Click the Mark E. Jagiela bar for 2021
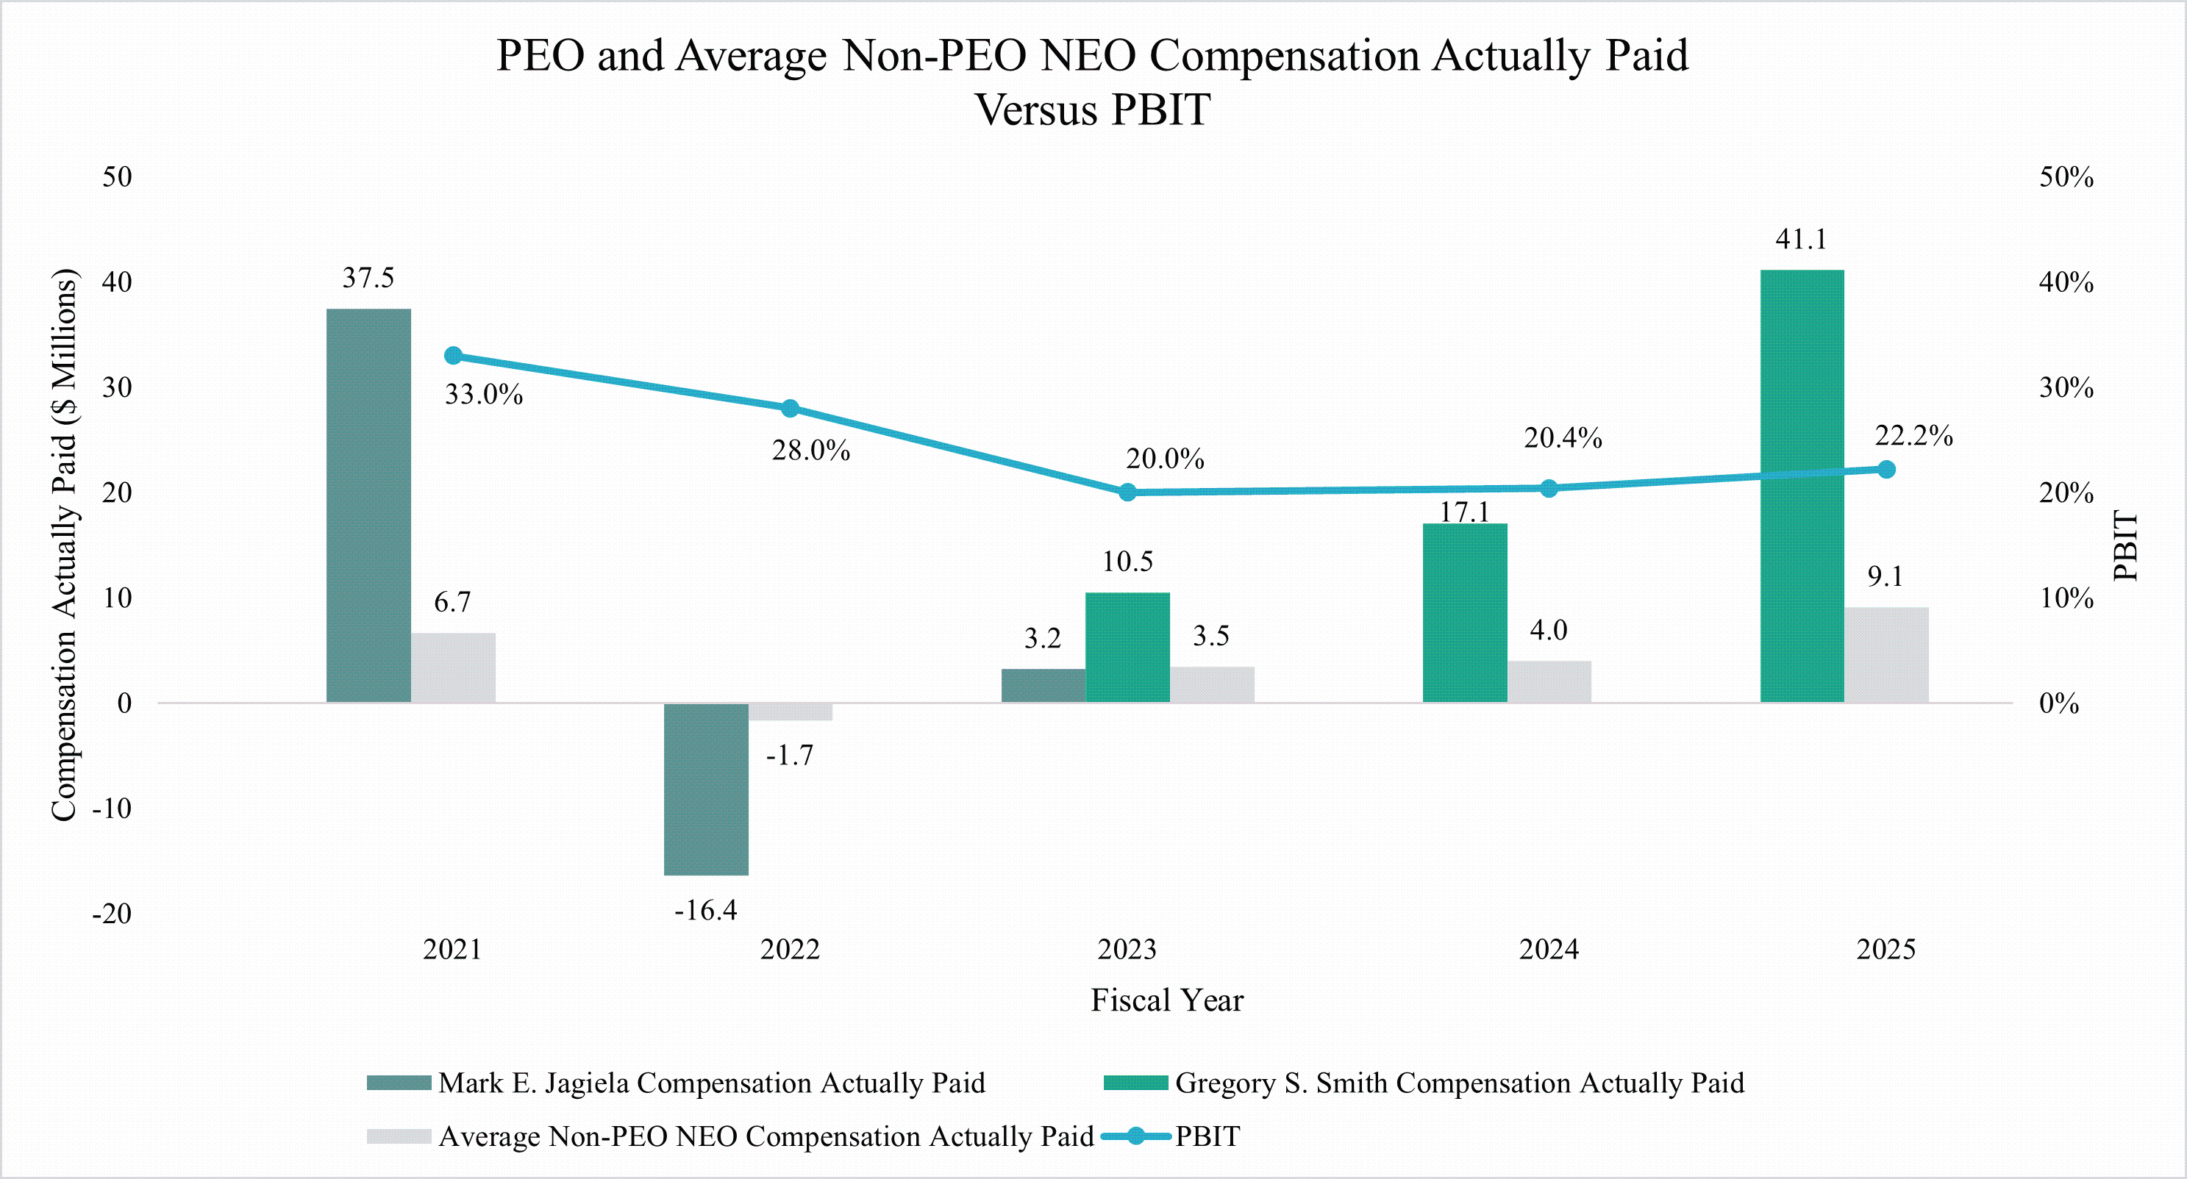coord(368,505)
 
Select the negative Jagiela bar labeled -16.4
coord(705,789)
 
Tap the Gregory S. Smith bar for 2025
coord(1802,486)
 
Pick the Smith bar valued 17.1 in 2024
coord(1465,613)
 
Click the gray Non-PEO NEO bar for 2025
coord(1885,654)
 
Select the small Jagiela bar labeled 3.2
coord(1043,686)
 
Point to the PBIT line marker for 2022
coord(790,408)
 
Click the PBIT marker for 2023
coord(1127,492)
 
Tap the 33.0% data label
coord(484,395)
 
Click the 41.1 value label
coord(1801,240)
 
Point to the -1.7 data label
coord(790,756)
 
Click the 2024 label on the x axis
coord(1549,949)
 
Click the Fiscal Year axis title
coord(1166,1000)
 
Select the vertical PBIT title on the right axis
coord(2124,545)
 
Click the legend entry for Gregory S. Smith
coord(1458,1083)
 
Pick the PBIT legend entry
coord(1207,1136)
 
